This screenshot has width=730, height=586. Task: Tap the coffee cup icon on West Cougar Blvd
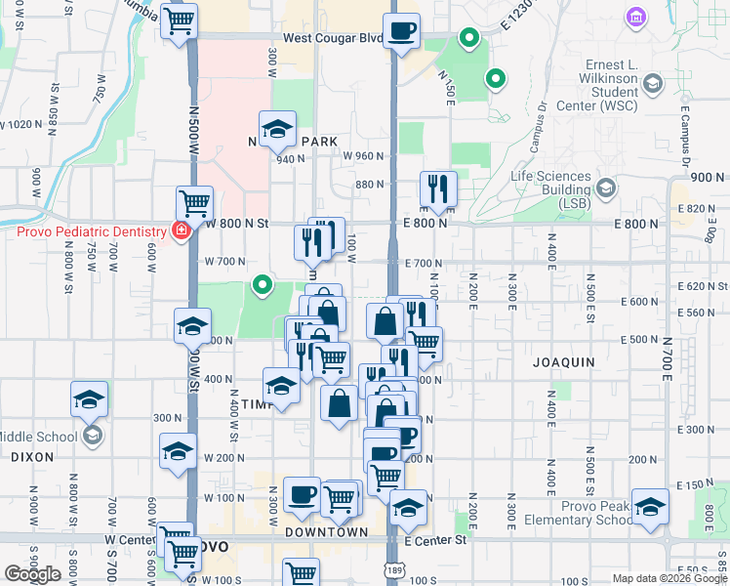401,31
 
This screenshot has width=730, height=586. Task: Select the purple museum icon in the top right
636,17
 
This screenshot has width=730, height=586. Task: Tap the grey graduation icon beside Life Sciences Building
605,187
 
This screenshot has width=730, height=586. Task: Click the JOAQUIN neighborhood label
563,362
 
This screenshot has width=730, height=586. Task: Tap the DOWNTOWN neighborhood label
326,532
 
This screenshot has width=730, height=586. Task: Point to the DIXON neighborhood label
32,456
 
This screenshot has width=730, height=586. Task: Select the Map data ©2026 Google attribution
668,578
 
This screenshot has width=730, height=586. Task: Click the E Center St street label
429,539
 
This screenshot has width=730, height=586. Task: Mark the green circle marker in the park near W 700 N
262,286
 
